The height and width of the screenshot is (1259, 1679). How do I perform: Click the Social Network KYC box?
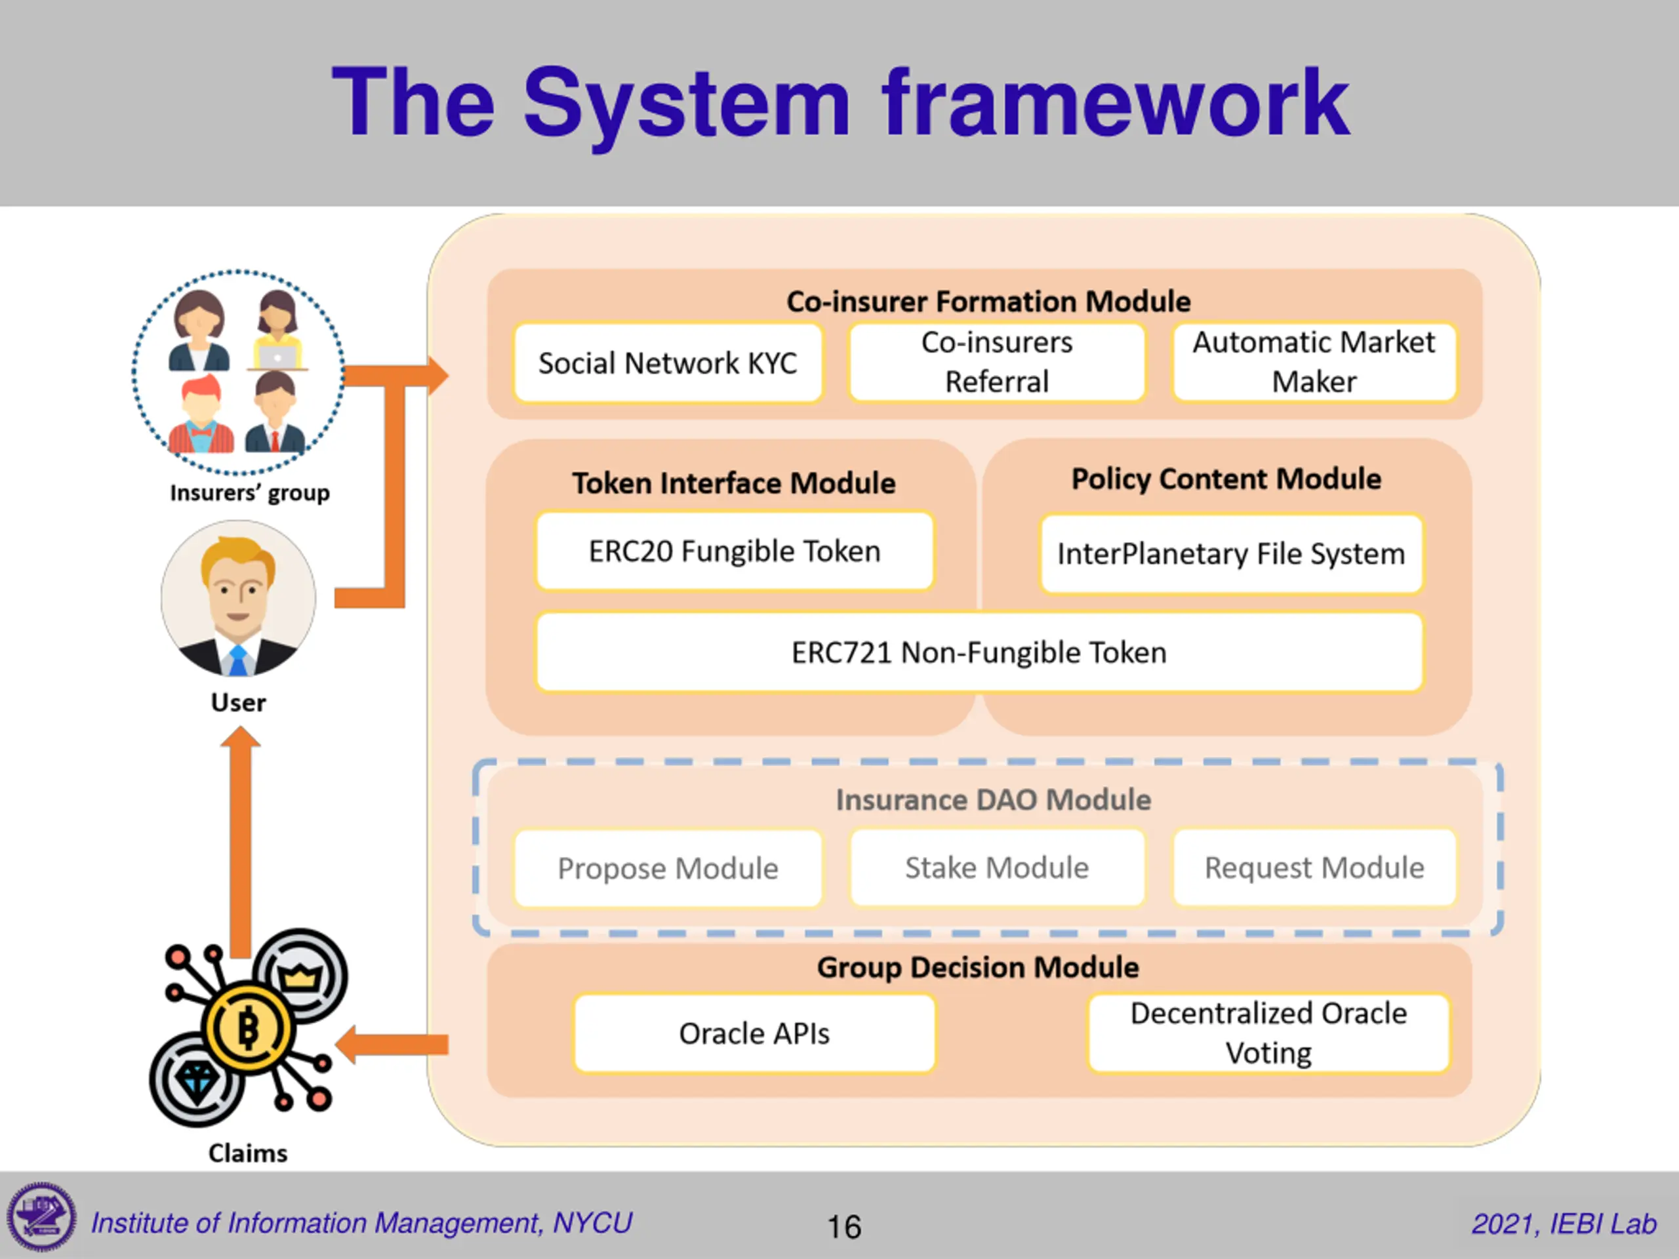(x=667, y=363)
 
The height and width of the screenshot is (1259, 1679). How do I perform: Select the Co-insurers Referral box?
(x=997, y=362)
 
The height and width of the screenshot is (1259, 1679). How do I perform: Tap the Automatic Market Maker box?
(x=1314, y=362)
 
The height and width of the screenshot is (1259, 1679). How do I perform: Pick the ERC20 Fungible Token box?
(x=734, y=551)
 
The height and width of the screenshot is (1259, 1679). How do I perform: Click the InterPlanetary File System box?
(x=1230, y=553)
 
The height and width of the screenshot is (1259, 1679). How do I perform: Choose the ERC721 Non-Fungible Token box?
(x=979, y=652)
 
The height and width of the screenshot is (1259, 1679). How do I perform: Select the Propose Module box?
(x=667, y=868)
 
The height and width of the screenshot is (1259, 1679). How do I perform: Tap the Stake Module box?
(x=997, y=868)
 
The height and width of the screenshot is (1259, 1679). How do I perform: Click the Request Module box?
(x=1314, y=868)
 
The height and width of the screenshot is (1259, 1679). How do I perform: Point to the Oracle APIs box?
(x=754, y=1033)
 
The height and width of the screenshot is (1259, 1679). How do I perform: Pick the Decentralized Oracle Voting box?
(x=1268, y=1033)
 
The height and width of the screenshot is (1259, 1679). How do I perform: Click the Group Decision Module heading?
(x=978, y=967)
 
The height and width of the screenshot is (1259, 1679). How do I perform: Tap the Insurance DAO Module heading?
(x=993, y=800)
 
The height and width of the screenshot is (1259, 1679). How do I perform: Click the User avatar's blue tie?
(x=237, y=661)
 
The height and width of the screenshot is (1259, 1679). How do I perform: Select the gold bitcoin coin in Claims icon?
(x=248, y=1028)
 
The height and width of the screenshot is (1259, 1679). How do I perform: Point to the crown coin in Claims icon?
(x=300, y=976)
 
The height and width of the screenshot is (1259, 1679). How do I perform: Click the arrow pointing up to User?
(x=241, y=835)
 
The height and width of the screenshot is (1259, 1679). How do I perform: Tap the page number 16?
(x=843, y=1226)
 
